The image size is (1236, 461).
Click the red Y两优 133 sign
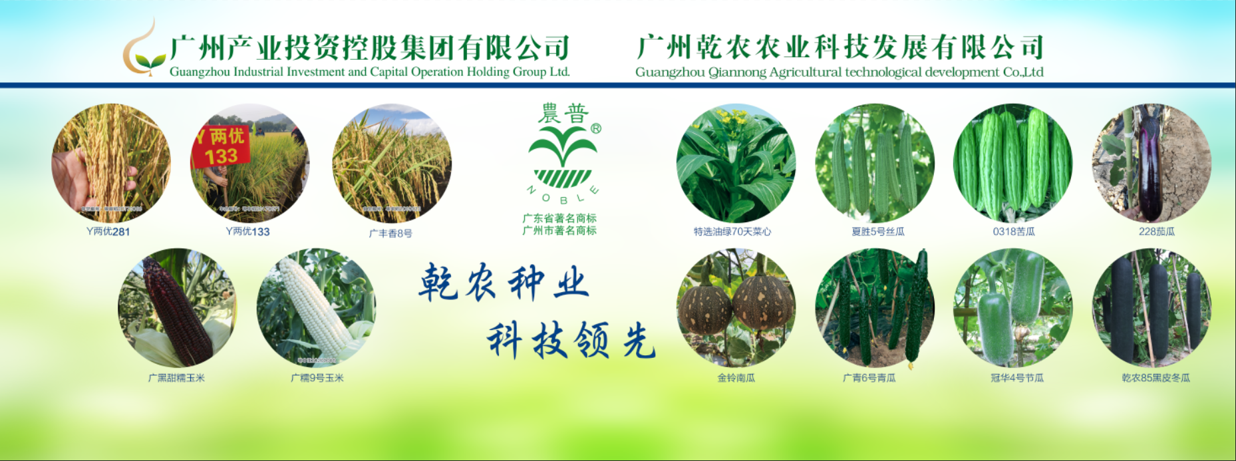pyautogui.click(x=221, y=146)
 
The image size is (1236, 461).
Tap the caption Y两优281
pyautogui.click(x=108, y=231)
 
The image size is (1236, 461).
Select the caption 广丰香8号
pyautogui.click(x=390, y=233)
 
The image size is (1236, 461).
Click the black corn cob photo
pyautogui.click(x=177, y=308)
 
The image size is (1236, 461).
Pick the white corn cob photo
pyautogui.click(x=316, y=308)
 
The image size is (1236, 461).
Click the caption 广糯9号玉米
pyautogui.click(x=317, y=378)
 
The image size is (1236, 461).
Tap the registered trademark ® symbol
pyautogui.click(x=595, y=128)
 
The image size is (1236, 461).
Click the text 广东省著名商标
pyautogui.click(x=559, y=218)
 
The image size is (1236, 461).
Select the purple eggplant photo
pyautogui.click(x=1151, y=163)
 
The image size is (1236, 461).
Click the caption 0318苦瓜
pyautogui.click(x=1013, y=231)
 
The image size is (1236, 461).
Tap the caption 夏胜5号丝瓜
pyautogui.click(x=877, y=231)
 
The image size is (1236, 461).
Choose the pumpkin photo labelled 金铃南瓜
pyautogui.click(x=736, y=308)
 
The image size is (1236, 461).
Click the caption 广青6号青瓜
pyautogui.click(x=869, y=378)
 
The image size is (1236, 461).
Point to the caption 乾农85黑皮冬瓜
pyautogui.click(x=1156, y=378)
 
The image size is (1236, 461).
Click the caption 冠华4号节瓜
pyautogui.click(x=1016, y=378)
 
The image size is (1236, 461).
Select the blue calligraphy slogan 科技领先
pyautogui.click(x=571, y=340)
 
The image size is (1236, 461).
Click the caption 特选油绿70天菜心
pyautogui.click(x=732, y=231)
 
